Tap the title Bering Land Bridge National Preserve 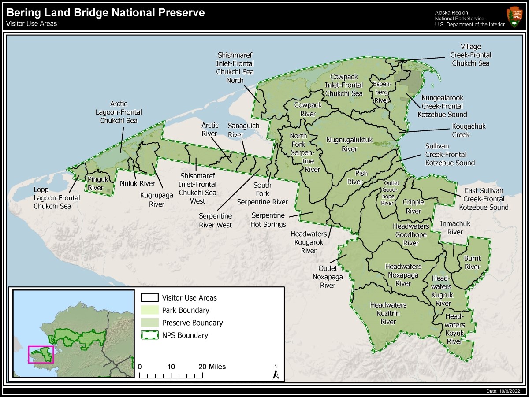(106, 13)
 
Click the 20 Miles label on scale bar (212, 367)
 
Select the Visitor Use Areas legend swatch (149, 298)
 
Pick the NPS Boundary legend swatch (149, 335)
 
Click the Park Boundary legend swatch (149, 310)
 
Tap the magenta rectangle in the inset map (41, 354)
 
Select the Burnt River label (472, 263)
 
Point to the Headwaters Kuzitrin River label (388, 313)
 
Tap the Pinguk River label (95, 183)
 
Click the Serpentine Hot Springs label (268, 220)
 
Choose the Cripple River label (414, 207)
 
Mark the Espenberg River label (380, 92)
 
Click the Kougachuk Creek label (468, 130)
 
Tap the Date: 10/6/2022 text (503, 391)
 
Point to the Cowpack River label (308, 109)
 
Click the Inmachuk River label (455, 228)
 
